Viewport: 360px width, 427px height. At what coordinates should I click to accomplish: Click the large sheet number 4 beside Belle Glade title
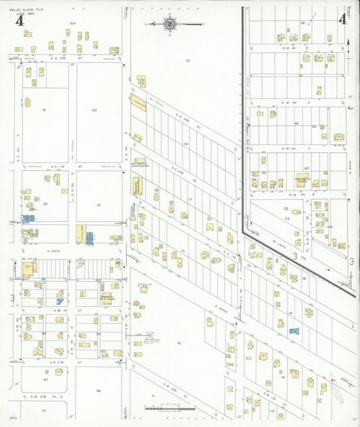(20, 20)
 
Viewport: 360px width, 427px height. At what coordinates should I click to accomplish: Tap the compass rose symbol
(170, 24)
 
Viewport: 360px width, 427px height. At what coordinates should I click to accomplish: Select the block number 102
(95, 109)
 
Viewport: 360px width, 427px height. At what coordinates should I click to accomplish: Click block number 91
(44, 109)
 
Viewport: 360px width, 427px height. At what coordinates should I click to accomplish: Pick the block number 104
(72, 23)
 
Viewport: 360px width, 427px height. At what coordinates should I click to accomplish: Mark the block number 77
(44, 411)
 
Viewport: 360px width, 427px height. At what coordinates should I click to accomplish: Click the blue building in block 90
(28, 218)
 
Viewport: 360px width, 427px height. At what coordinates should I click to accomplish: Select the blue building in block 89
(59, 301)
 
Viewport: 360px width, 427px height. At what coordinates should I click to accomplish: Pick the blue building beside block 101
(89, 238)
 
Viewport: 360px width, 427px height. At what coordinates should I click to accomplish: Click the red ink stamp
(334, 382)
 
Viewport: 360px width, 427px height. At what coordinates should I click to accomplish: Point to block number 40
(297, 124)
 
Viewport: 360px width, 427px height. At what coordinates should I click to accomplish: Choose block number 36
(303, 23)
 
